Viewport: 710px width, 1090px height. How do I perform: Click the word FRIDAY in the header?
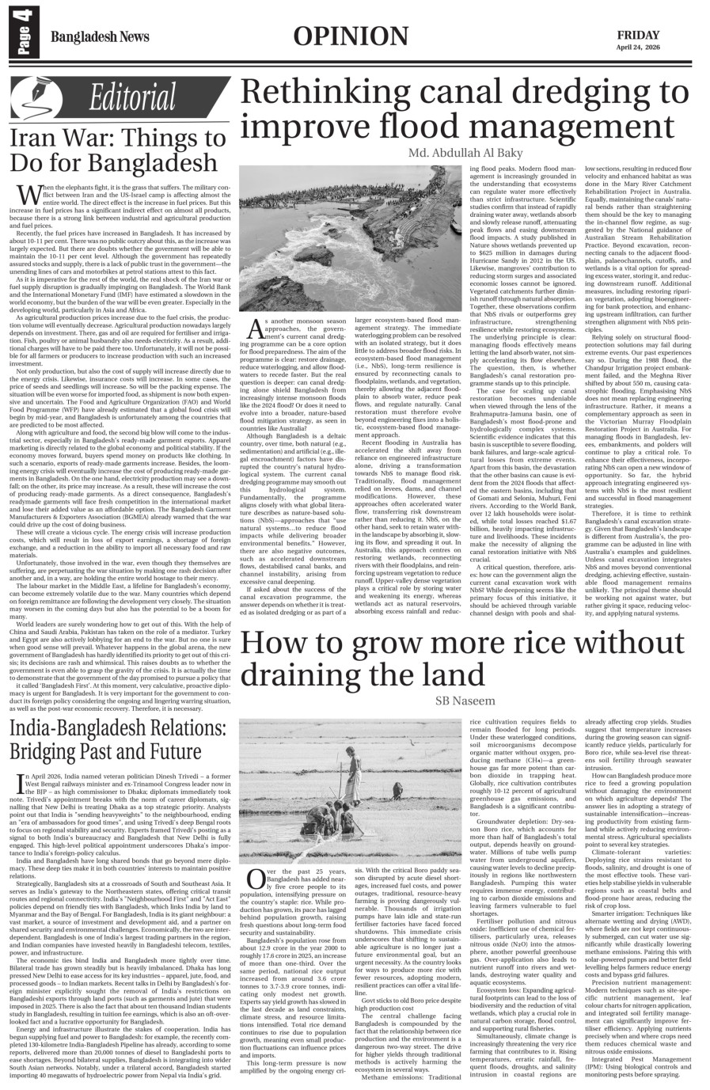tap(640, 34)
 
